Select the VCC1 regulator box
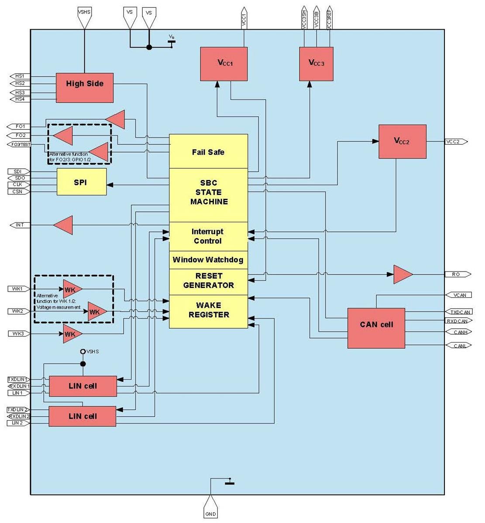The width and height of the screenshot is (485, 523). (x=224, y=64)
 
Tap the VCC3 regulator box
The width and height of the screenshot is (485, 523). (x=316, y=64)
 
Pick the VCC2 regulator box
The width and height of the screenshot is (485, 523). (x=402, y=141)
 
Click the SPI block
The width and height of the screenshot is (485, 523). (x=82, y=182)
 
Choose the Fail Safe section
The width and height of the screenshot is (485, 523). (x=208, y=151)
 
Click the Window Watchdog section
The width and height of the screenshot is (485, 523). (x=208, y=260)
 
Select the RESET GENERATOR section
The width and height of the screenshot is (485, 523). (x=208, y=281)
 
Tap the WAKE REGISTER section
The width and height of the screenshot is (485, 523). (x=208, y=311)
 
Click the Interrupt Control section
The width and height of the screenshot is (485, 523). (x=208, y=236)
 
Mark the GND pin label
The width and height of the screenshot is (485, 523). (x=210, y=514)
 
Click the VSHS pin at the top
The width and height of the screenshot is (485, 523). (x=84, y=13)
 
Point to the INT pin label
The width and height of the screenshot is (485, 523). (x=20, y=225)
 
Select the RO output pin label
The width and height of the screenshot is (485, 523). (x=457, y=274)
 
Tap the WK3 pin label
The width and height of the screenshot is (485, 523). (x=18, y=333)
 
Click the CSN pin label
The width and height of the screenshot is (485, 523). (x=18, y=191)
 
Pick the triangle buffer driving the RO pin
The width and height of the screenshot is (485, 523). (x=402, y=274)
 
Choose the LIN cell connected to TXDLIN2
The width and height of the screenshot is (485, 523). (x=82, y=416)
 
